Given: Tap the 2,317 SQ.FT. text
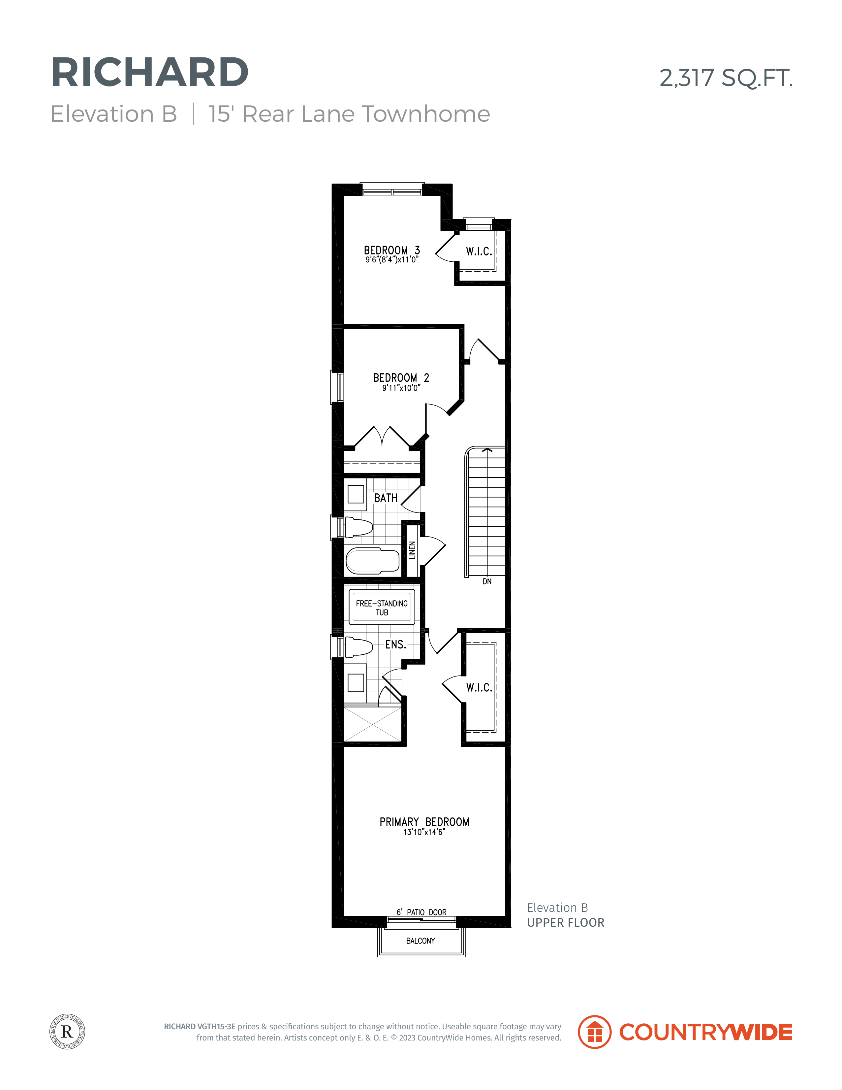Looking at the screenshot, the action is click(726, 78).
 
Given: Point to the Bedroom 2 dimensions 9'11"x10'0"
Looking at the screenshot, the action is click(401, 388).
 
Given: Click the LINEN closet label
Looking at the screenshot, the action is click(412, 550).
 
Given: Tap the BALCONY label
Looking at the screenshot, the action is click(421, 941).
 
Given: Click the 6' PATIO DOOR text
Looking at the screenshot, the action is click(421, 912).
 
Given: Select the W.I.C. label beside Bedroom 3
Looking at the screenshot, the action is click(479, 251).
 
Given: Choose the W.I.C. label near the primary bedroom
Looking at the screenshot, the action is click(479, 688).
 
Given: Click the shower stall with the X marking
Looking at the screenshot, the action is click(373, 724).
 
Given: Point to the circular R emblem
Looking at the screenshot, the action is click(67, 1032).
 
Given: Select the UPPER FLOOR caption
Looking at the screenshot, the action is click(566, 923).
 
